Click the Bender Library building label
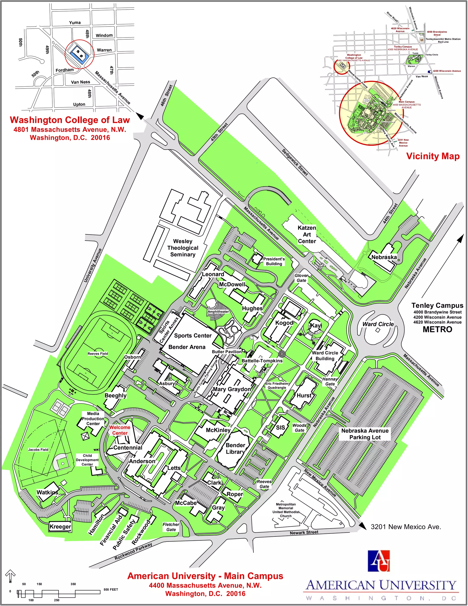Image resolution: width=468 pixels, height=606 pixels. coord(235,448)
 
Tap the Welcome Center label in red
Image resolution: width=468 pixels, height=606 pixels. coord(120,430)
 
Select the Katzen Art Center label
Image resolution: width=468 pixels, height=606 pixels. coord(307,234)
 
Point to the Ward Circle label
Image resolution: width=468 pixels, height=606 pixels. coord(378,324)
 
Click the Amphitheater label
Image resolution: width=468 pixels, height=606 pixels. coord(218,312)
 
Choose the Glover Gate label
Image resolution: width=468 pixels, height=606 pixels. coord(301,278)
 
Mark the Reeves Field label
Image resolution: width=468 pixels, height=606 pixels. coord(98,354)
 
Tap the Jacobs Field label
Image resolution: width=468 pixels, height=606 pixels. coord(38,450)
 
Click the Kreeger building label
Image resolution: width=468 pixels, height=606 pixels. coord(60,527)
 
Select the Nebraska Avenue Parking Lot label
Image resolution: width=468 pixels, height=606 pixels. coord(365,434)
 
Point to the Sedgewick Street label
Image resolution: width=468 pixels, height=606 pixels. coord(295,162)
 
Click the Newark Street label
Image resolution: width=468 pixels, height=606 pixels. coord(304,532)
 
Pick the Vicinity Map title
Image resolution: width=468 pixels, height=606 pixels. coord(433,156)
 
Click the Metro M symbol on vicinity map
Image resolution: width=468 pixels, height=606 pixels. coord(422,40)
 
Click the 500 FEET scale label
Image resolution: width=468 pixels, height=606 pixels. coord(111,589)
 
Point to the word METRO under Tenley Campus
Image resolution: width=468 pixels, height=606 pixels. coord(437,329)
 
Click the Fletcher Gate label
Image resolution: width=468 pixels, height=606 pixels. coord(171,527)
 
